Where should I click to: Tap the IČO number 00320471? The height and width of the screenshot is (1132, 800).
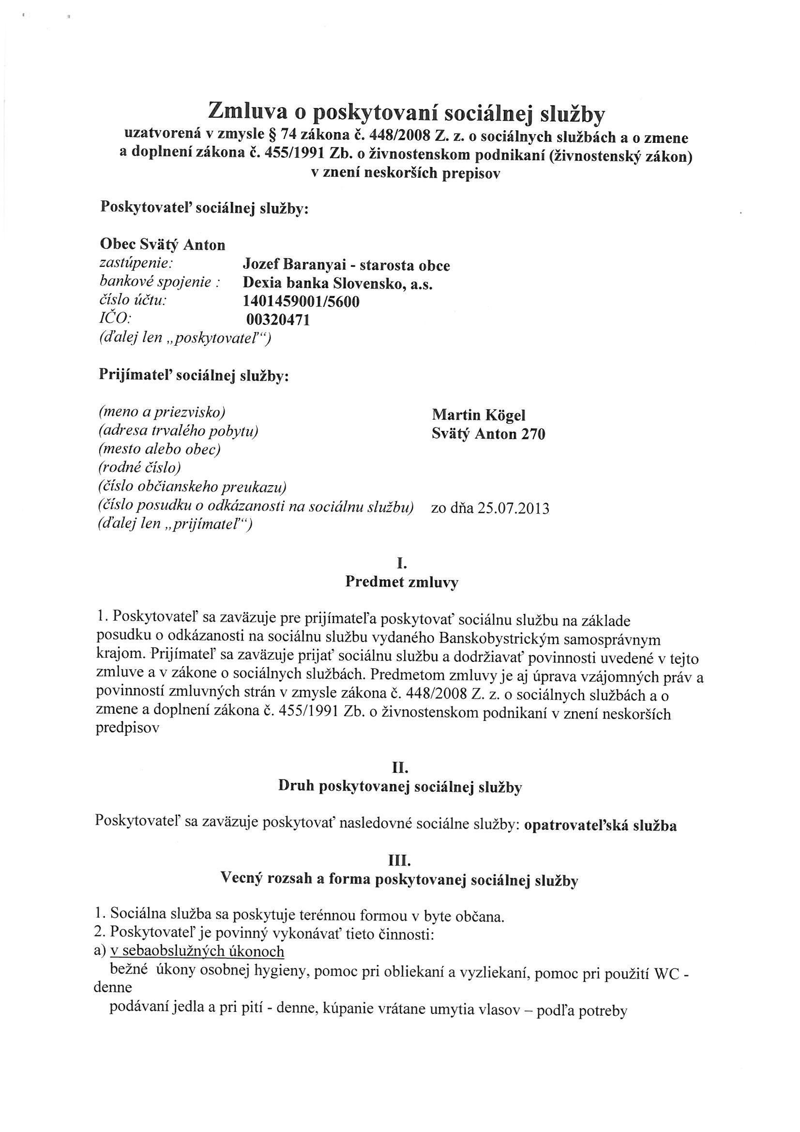coord(278,320)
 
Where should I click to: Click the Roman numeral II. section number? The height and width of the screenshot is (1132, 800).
coord(400,767)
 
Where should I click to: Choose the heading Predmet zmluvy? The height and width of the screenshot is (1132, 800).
coord(401,582)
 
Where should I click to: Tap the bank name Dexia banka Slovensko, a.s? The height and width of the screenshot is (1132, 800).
coord(338,284)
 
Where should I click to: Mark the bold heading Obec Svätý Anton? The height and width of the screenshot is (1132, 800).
coord(162,245)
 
